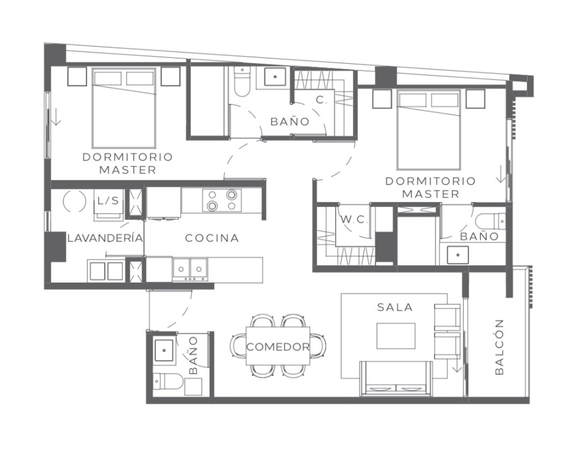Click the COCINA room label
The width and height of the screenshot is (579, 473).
click(212, 238)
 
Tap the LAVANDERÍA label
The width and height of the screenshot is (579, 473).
click(105, 238)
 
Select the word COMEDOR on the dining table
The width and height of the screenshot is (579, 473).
click(278, 347)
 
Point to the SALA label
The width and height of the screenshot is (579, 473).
click(395, 307)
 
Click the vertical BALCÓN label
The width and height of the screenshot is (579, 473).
click(499, 347)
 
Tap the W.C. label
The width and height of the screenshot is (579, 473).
click(354, 220)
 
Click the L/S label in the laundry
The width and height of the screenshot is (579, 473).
click(108, 200)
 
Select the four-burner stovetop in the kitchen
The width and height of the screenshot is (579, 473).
click(222, 200)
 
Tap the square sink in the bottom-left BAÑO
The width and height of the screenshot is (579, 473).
click(165, 351)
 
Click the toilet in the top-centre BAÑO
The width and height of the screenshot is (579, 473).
click(243, 81)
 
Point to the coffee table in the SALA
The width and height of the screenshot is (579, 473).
click(396, 336)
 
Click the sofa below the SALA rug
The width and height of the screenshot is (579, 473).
click(396, 378)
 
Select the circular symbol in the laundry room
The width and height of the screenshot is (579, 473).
click(75, 201)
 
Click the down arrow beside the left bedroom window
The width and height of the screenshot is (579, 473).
click(56, 117)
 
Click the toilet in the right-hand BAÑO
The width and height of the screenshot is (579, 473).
click(490, 222)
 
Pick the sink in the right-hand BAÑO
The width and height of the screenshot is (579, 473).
click(458, 255)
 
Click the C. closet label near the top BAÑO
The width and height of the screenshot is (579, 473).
click(322, 99)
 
